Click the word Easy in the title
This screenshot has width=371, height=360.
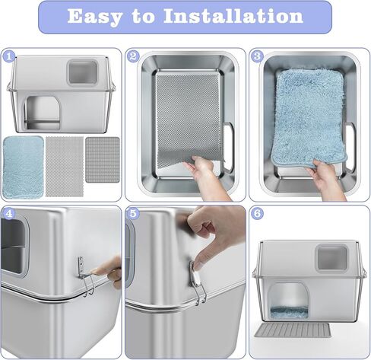[94, 17]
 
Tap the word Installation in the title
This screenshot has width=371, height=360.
[233, 16]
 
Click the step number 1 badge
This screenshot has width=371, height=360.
[9, 56]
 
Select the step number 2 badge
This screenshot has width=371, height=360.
[133, 56]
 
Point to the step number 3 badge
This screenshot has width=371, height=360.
[257, 56]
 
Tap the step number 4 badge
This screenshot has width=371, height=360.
[9, 214]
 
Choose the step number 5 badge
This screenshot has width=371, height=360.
[133, 214]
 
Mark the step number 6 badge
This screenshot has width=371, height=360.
[257, 214]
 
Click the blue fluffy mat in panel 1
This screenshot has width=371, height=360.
[23, 167]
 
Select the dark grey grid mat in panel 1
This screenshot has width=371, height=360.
[103, 160]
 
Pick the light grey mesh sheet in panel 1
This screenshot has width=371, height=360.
[65, 167]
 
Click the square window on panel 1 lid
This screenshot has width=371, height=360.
[82, 72]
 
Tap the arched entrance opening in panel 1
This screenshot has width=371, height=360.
[43, 113]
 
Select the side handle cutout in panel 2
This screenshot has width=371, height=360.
[228, 147]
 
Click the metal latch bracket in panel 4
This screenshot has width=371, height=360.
[85, 276]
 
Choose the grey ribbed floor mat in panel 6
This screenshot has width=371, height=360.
[293, 330]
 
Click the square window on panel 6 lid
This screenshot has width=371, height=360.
[331, 258]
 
